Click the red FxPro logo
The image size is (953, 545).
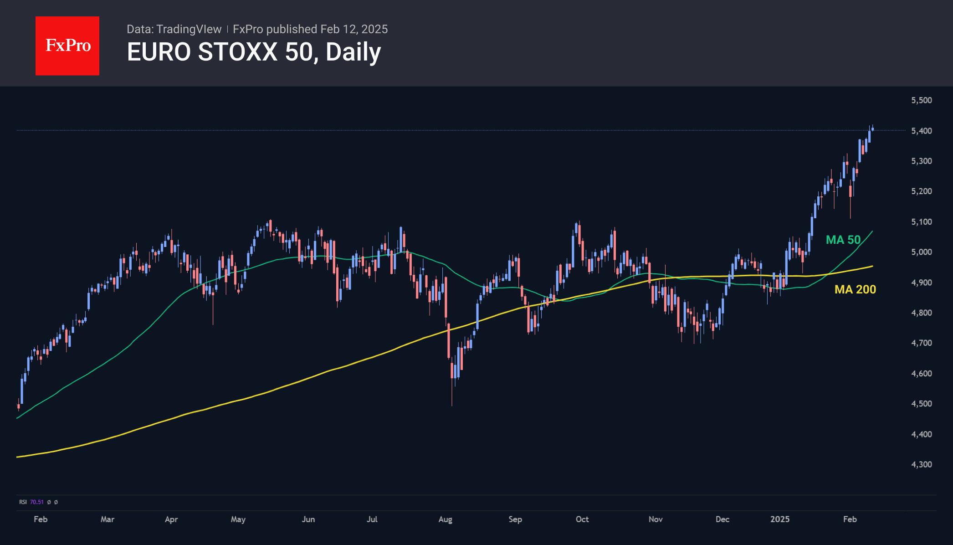(67, 46)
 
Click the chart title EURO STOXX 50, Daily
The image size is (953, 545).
(253, 52)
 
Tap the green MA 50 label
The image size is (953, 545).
(843, 240)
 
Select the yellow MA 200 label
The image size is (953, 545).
(855, 289)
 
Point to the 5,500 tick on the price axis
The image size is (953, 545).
(921, 100)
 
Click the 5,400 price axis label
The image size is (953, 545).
(921, 131)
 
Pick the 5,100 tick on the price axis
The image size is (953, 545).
(921, 222)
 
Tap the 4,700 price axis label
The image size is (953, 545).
(921, 343)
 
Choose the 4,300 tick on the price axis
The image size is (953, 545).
(921, 464)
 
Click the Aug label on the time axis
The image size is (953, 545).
(445, 519)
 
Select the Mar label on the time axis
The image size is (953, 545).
(108, 519)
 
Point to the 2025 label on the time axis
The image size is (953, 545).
(780, 519)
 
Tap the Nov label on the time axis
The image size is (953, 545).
(656, 519)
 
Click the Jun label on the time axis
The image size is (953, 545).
(308, 519)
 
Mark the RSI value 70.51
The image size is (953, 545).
(37, 502)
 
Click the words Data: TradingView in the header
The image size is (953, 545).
(174, 29)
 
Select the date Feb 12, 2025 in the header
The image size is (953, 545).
(354, 29)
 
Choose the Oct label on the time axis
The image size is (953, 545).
(582, 519)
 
